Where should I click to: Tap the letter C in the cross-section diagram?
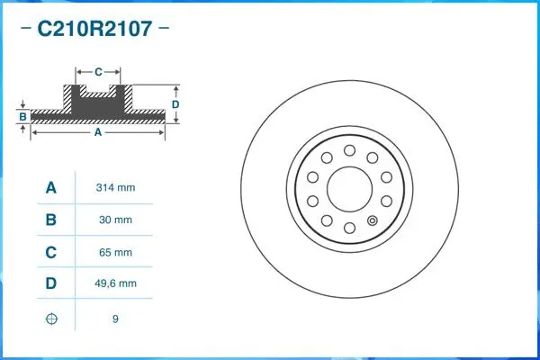pyautogui.click(x=98, y=69)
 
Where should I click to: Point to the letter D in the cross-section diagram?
pyautogui.click(x=176, y=104)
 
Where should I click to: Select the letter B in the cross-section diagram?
pyautogui.click(x=23, y=116)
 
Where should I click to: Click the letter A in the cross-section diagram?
pyautogui.click(x=97, y=132)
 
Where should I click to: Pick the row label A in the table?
pyautogui.click(x=51, y=187)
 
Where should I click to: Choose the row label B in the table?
pyautogui.click(x=51, y=220)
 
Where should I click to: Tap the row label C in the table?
pyautogui.click(x=51, y=252)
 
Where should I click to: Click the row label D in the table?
pyautogui.click(x=51, y=283)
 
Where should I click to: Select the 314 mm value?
pyautogui.click(x=114, y=188)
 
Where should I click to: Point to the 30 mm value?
pyautogui.click(x=114, y=220)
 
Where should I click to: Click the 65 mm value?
pyautogui.click(x=114, y=252)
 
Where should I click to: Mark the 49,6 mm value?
pyautogui.click(x=116, y=283)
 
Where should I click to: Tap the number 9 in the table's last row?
pyautogui.click(x=115, y=319)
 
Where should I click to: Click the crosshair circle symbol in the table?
pyautogui.click(x=51, y=319)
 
